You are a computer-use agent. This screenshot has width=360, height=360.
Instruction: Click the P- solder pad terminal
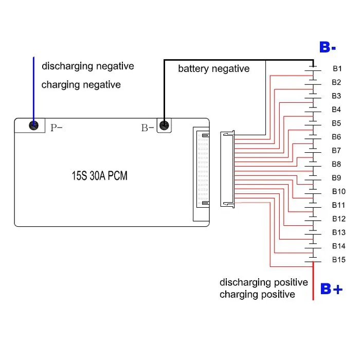(x=33, y=125)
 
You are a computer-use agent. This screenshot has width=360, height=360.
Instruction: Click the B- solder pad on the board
(x=164, y=125)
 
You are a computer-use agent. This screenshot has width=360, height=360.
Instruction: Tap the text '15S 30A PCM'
(x=99, y=176)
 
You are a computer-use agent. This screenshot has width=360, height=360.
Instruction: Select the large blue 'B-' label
(x=328, y=48)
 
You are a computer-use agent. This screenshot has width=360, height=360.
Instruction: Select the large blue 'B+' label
(x=331, y=289)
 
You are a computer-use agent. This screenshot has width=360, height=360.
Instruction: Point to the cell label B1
(x=337, y=68)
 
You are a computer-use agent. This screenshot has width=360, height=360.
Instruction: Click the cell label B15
(x=338, y=260)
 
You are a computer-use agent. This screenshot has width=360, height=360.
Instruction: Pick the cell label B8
(x=336, y=164)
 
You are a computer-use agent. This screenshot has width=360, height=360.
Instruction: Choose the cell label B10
(x=338, y=191)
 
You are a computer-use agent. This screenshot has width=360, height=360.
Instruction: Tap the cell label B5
(x=336, y=123)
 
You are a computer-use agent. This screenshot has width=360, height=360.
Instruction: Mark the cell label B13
(x=338, y=232)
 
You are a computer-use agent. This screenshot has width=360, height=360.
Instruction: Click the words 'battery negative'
(x=213, y=68)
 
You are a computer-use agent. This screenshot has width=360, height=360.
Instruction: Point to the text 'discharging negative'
(x=87, y=66)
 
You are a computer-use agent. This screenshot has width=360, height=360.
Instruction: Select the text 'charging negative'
(x=81, y=84)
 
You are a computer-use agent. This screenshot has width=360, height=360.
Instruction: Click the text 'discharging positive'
(x=264, y=282)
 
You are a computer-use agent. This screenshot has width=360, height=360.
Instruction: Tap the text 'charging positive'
(x=257, y=294)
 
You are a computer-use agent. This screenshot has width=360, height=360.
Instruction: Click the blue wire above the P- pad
(x=34, y=87)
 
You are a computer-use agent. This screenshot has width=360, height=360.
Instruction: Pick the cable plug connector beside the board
(x=227, y=169)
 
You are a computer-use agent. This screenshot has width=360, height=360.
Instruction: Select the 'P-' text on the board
(x=56, y=128)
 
